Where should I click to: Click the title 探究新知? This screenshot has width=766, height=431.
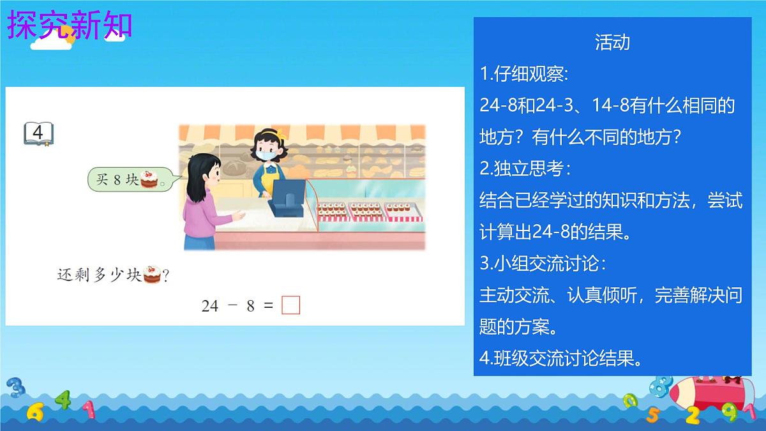point(70,25)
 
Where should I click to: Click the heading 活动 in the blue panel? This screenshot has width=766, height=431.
point(612,42)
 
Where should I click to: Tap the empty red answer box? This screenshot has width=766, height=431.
point(290,306)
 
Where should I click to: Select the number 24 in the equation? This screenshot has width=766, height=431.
point(210,306)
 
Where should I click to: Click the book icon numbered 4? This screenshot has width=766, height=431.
point(38,133)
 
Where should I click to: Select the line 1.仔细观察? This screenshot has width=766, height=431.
point(523,74)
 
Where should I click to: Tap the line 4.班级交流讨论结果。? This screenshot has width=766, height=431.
point(561,359)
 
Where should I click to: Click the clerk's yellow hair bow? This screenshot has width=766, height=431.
point(279,132)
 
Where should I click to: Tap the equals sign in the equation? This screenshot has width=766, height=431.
point(268,306)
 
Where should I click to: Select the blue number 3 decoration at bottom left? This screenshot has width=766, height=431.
point(15,387)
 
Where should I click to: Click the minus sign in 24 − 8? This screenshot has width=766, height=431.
point(232,306)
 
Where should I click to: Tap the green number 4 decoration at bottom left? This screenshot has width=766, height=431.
point(63,400)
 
